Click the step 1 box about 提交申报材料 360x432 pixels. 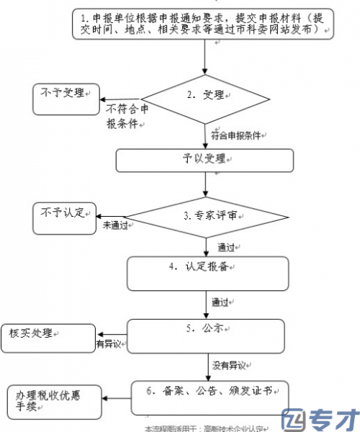click(205, 23)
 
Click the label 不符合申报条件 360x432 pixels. click(128, 116)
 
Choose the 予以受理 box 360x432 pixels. click(206, 160)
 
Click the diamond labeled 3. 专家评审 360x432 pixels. click(206, 215)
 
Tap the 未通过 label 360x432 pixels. click(115, 225)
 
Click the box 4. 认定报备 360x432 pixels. click(206, 272)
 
